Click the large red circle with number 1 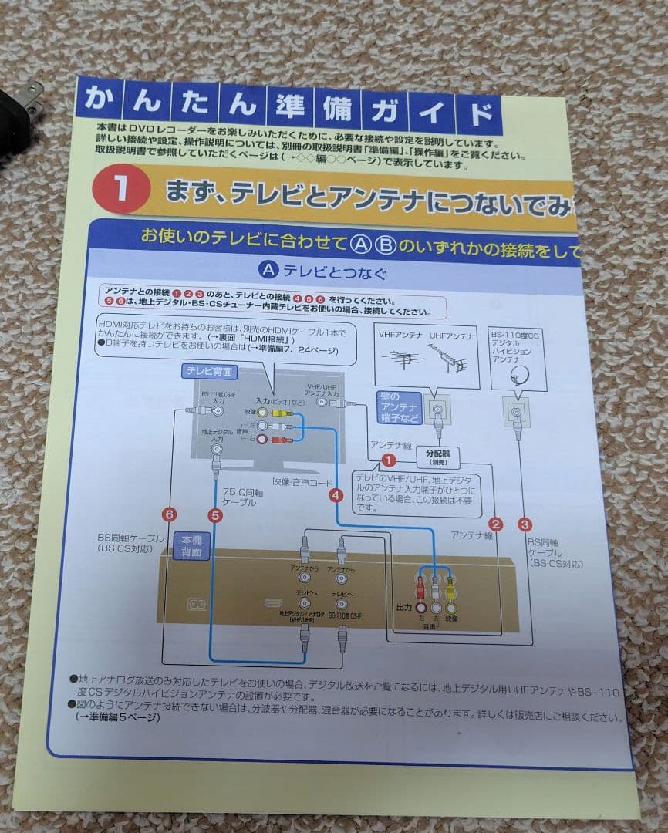coord(121,190)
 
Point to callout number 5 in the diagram coord(215,514)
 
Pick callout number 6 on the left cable coord(170,514)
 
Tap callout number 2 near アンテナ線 coord(496,524)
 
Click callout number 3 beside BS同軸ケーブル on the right coord(525,524)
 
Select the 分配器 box coord(437,457)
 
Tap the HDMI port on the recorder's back coord(272,602)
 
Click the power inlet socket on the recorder coord(197,604)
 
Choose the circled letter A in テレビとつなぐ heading coord(268,271)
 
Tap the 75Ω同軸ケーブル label coord(240,496)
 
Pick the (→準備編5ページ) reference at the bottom coord(116,717)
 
